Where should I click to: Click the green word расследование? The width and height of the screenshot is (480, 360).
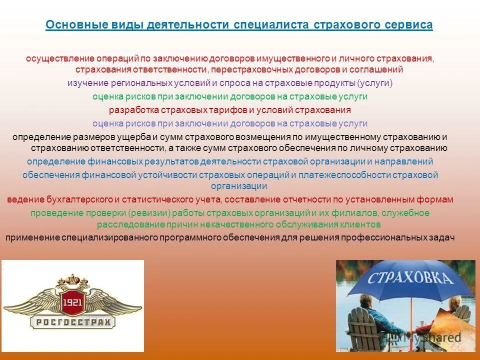(128, 224)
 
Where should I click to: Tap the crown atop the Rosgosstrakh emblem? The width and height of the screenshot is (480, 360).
(72, 277)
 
